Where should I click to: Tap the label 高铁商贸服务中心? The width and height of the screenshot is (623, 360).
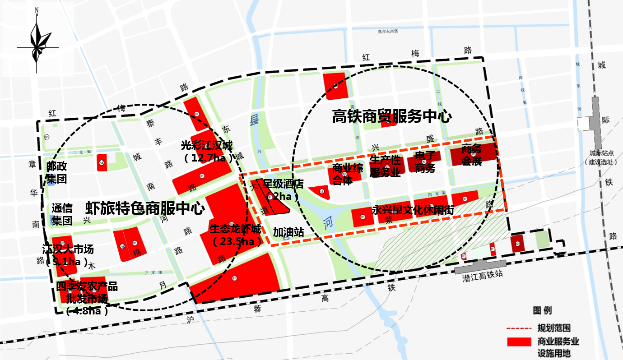[392, 117]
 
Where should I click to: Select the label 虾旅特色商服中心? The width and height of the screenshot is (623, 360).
[145, 208]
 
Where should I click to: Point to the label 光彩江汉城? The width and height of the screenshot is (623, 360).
[207, 146]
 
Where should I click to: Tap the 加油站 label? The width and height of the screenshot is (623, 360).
[288, 232]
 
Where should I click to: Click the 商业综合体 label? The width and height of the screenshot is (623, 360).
[347, 175]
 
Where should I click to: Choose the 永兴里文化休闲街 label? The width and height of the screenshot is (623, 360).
[413, 210]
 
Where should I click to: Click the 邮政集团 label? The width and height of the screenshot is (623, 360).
[56, 173]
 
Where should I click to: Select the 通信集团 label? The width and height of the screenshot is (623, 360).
[62, 214]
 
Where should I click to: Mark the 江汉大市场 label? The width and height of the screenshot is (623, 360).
[67, 249]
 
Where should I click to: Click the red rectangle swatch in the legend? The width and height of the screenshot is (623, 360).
[519, 342]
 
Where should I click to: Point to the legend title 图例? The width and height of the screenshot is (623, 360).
[542, 310]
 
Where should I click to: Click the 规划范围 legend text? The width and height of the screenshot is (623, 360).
[553, 328]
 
